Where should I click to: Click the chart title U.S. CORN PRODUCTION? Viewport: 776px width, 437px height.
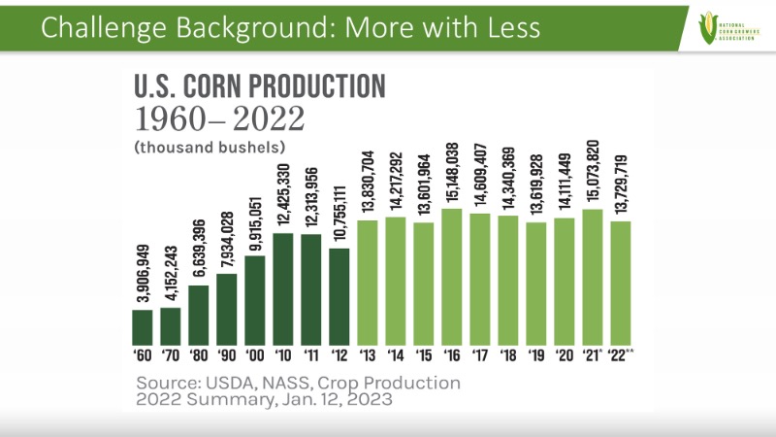260,87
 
